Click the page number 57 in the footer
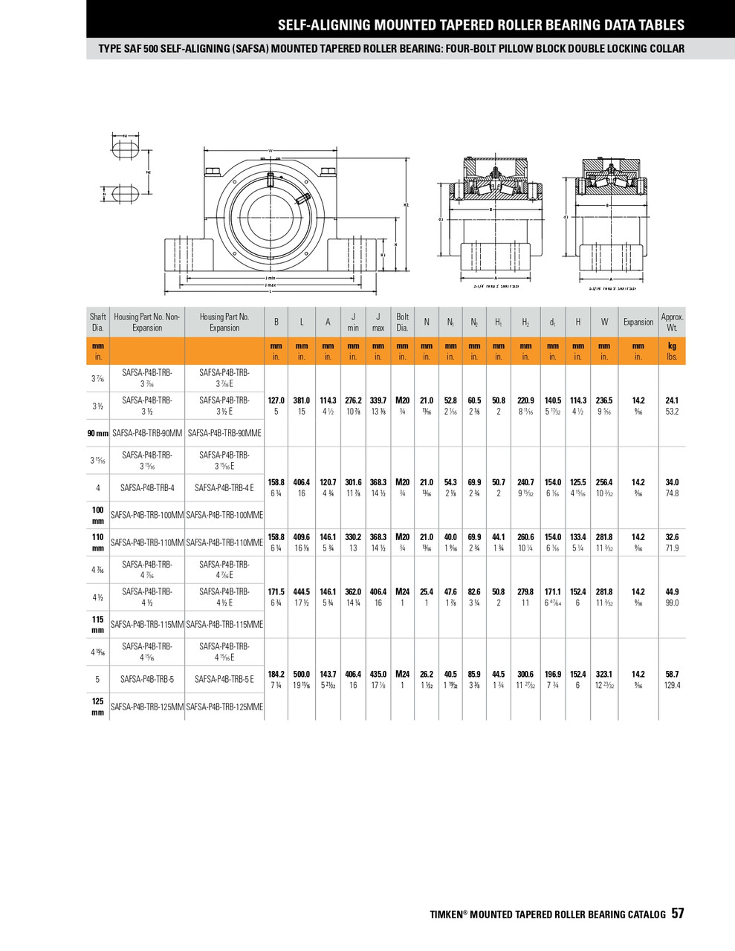point(678,914)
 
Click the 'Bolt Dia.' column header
point(402,322)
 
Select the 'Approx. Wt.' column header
point(672,322)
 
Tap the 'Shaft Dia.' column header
point(97,322)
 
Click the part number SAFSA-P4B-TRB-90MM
point(147,433)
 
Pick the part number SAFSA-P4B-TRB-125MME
point(224,707)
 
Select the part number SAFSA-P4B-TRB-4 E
point(224,488)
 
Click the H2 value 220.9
point(525,400)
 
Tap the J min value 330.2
point(353,537)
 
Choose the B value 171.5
point(276,592)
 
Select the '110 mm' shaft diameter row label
point(97,542)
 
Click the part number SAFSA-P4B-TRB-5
point(147,679)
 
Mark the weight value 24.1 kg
point(672,400)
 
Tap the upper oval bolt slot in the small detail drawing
point(124,147)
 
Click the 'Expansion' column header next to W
point(638,322)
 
